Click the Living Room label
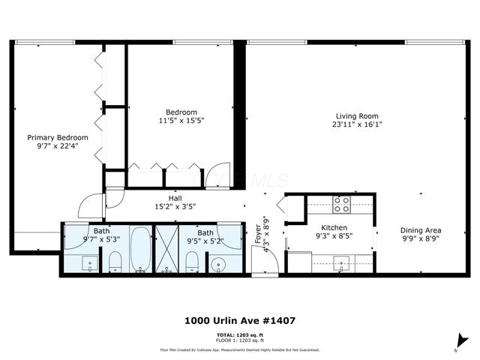(357, 115)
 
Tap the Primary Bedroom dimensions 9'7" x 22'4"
(58, 146)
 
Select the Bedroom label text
(181, 112)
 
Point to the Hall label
(175, 198)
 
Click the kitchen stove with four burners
(341, 201)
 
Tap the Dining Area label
(419, 230)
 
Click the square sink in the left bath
(88, 263)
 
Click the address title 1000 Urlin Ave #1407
(239, 320)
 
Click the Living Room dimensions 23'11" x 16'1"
(357, 124)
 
